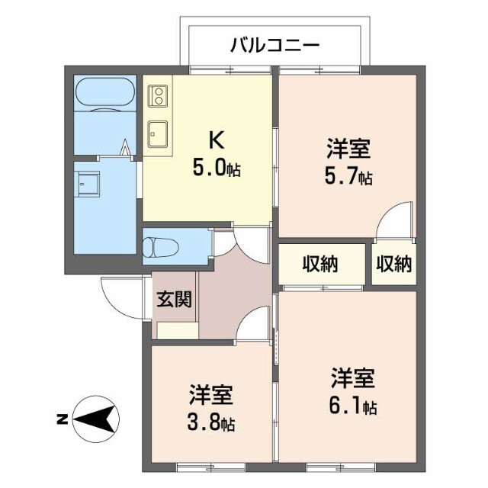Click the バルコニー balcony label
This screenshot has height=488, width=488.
point(274,46)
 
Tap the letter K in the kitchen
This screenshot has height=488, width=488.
point(217,140)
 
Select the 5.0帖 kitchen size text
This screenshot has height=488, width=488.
point(217,168)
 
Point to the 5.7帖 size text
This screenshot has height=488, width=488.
point(348,176)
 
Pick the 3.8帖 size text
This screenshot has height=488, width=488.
point(211,422)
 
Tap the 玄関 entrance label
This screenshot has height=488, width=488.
point(174,299)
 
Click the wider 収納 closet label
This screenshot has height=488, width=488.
point(320,264)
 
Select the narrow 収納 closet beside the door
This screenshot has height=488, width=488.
point(394,264)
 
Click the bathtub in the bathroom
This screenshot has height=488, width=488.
point(105,93)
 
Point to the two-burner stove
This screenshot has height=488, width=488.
point(159,95)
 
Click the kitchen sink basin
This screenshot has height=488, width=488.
point(158,134)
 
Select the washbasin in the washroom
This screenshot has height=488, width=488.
point(88,184)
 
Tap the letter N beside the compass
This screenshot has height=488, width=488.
point(63,419)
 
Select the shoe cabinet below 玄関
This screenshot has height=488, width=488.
point(178,330)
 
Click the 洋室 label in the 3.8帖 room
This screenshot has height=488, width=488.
point(211,395)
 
